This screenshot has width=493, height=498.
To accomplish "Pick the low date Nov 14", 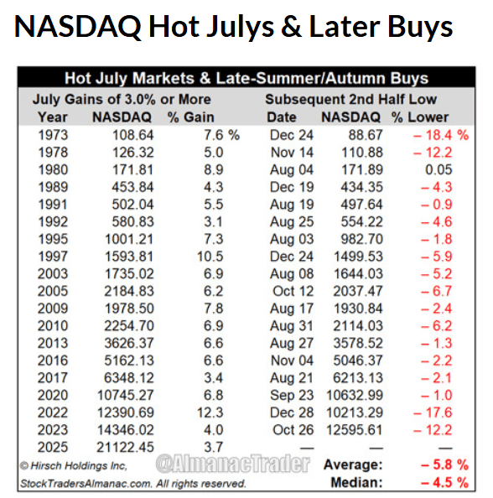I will pyautogui.click(x=293, y=152).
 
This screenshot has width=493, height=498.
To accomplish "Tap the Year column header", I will pyautogui.click(x=53, y=117).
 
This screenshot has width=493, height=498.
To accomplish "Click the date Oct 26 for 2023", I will pyautogui.click(x=293, y=430).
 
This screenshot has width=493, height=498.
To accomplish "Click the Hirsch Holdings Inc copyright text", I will pyautogui.click(x=74, y=465).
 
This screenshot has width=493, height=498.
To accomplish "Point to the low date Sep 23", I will pyautogui.click(x=293, y=396).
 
